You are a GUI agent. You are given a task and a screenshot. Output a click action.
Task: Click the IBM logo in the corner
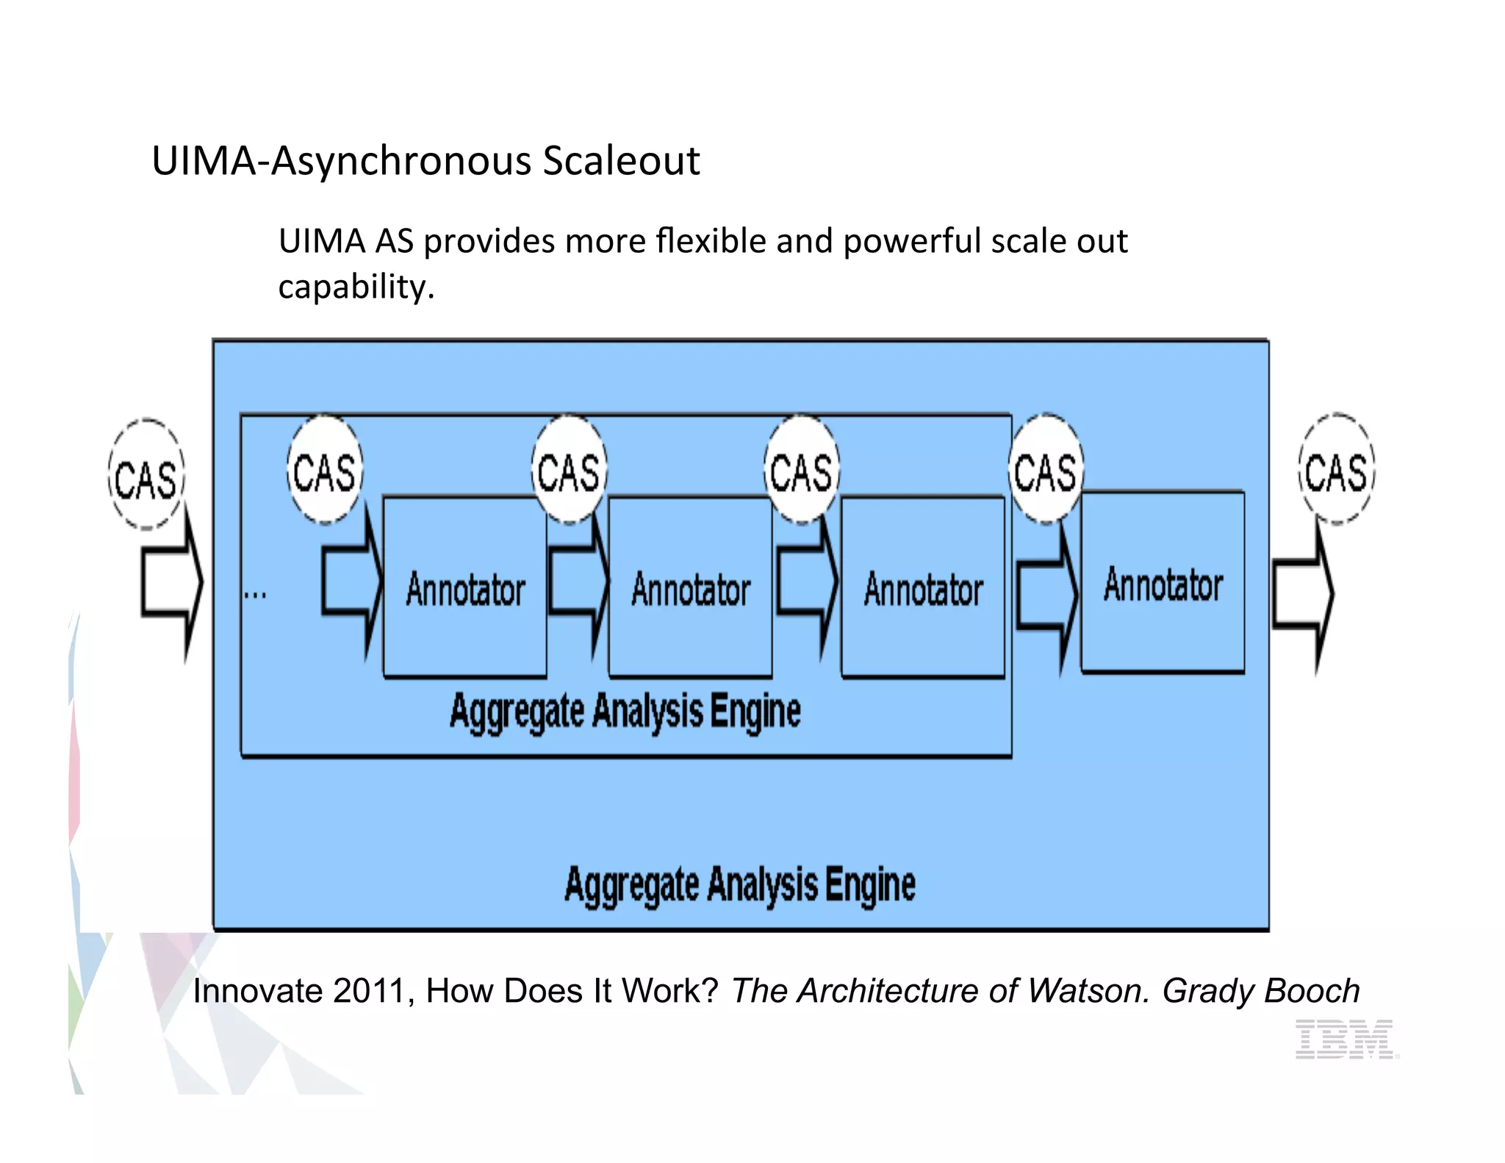1344,1039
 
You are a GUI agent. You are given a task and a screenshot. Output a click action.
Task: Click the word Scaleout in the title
621,161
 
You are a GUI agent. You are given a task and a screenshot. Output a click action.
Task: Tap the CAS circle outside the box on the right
1336,470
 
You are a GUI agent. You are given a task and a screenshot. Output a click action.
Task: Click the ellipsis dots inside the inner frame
255,594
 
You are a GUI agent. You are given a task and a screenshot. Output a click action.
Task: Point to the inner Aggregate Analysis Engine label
625,712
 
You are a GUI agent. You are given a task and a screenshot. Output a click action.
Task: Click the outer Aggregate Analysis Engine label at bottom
739,884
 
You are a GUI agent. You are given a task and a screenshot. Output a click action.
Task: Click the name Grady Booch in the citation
1260,990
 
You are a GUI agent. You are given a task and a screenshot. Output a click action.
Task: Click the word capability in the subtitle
356,287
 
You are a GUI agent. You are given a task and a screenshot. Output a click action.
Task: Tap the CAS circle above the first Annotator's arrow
324,470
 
